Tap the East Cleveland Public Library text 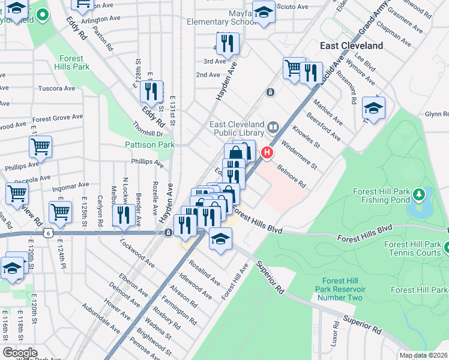pyautogui.click(x=237, y=129)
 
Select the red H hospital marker pyautogui.click(x=265, y=154)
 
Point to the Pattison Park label pyautogui.click(x=149, y=145)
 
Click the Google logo pyautogui.click(x=20, y=352)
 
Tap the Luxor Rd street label pyautogui.click(x=334, y=335)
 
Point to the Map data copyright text pyautogui.click(x=423, y=355)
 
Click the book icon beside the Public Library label pyautogui.click(x=273, y=127)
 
